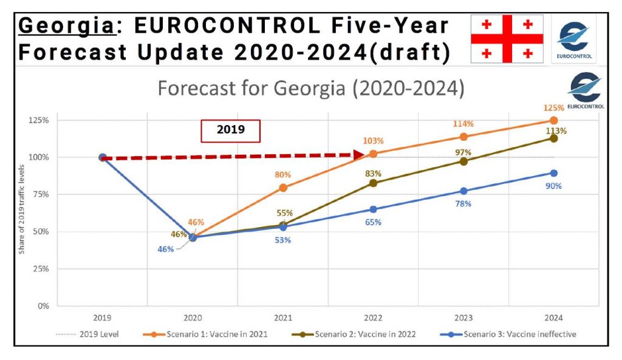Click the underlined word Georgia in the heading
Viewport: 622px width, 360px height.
coord(67,26)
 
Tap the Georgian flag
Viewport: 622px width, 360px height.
coord(507,39)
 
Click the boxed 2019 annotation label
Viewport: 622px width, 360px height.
coord(230,131)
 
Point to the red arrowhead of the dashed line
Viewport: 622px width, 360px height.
coord(359,155)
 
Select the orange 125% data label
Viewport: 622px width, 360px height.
coord(553,108)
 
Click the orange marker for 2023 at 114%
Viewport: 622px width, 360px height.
coord(463,137)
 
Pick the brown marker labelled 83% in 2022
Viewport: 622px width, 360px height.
coord(374,183)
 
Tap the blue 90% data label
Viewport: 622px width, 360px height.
coord(553,186)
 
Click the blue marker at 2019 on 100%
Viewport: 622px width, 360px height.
coord(102,157)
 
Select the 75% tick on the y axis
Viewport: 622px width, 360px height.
coord(41,194)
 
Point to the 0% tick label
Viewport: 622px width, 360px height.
coord(43,306)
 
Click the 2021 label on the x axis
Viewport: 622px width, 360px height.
coord(283,318)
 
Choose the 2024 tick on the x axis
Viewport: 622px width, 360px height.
coord(553,318)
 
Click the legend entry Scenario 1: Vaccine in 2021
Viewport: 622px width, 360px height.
coord(205,335)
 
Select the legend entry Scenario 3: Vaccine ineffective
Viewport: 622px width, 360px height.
coord(508,335)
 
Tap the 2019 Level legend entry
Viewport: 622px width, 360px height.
coord(87,335)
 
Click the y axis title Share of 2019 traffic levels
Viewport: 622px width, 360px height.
coord(21,209)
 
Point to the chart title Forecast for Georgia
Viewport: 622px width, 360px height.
coord(251,88)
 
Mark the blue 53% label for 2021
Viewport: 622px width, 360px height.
coord(283,240)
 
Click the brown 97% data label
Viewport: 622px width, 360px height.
coord(463,152)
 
